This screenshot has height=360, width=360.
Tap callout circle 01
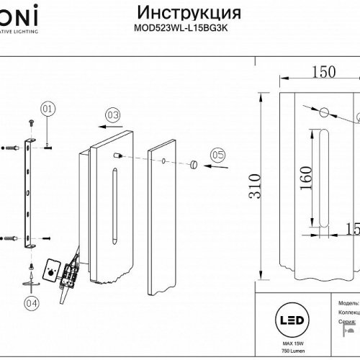[48, 109]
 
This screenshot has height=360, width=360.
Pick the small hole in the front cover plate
[165, 161]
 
